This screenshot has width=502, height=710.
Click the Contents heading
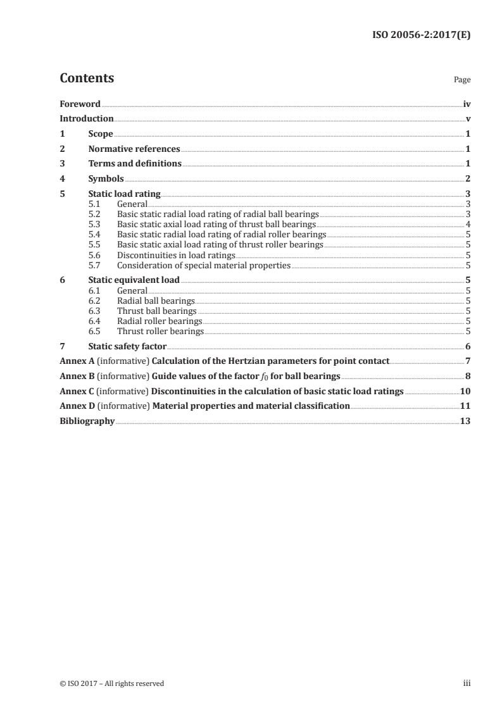tap(87, 78)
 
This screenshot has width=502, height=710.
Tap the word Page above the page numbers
tap(461, 80)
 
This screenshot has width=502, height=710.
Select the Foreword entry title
tap(80, 104)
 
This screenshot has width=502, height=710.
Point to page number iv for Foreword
tap(466, 104)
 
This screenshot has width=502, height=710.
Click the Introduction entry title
tap(86, 119)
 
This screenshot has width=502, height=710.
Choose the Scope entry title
tap(101, 134)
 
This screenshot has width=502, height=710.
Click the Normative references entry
tap(134, 149)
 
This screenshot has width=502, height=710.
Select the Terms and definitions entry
tap(135, 164)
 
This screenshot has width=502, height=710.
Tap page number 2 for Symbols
tap(467, 179)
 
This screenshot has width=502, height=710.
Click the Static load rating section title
tap(124, 194)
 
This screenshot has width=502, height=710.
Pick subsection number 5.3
tap(94, 224)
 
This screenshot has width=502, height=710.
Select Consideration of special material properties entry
tap(203, 265)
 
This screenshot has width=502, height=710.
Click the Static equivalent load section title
tap(134, 280)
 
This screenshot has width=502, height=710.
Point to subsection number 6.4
tap(94, 321)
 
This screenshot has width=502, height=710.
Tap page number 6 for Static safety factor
tap(467, 346)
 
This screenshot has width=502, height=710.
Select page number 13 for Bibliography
tap(465, 421)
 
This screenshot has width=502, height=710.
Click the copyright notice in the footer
tap(111, 683)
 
